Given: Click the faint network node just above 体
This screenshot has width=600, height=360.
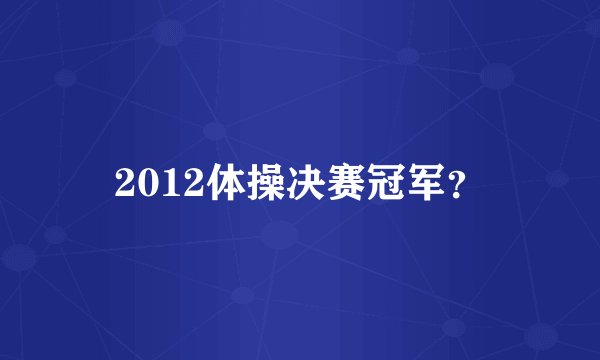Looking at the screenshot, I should coord(213,130).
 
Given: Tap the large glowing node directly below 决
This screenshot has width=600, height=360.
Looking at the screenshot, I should coord(280,236).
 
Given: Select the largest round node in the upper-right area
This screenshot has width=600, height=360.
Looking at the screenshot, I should coord(496,74).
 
